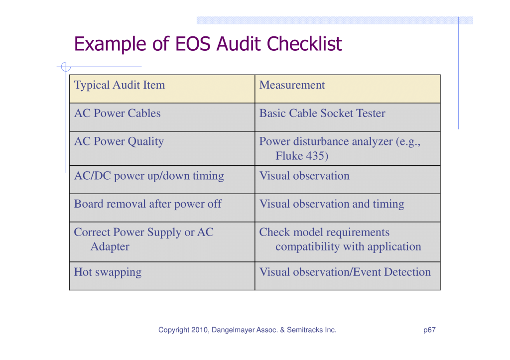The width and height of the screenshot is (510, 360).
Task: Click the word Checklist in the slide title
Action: click(304, 44)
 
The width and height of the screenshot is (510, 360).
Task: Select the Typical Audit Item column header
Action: click(120, 85)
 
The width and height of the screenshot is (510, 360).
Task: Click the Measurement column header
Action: click(292, 85)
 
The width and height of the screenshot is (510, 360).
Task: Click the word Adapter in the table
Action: click(110, 247)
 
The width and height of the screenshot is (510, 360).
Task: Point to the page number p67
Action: click(429, 330)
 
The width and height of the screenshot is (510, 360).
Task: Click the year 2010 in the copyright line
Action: click(199, 330)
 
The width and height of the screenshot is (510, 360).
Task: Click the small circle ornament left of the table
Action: click(65, 67)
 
